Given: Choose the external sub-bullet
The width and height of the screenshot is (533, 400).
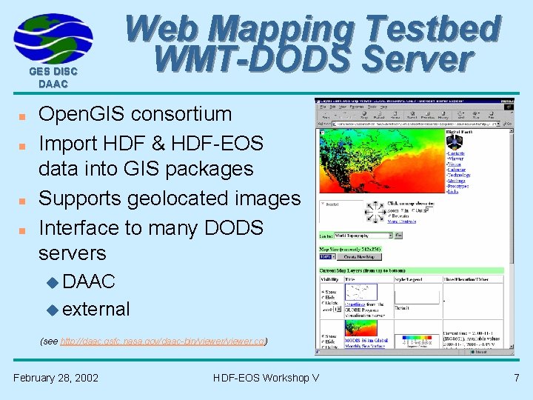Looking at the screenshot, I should pyautogui.click(x=96, y=309).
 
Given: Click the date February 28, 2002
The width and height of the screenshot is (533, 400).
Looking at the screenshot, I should pyautogui.click(x=56, y=378).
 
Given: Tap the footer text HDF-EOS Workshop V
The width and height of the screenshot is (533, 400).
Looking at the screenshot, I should pyautogui.click(x=266, y=378).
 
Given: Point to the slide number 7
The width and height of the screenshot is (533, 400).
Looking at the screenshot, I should pyautogui.click(x=517, y=378).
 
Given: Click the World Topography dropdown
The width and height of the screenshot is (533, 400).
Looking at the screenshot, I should pyautogui.click(x=363, y=236).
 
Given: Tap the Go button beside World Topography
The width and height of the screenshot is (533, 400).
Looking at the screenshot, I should pyautogui.click(x=398, y=236).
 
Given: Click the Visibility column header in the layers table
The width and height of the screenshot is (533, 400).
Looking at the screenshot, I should pyautogui.click(x=331, y=280).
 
